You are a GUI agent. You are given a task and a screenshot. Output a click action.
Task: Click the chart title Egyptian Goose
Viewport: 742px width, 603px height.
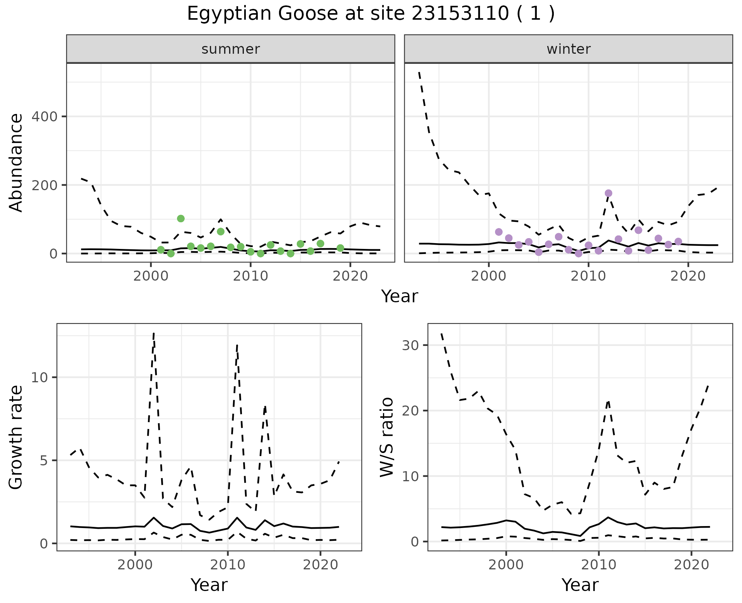(x=371, y=14)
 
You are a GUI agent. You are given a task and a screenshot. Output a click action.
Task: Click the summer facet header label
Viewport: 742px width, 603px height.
(x=230, y=49)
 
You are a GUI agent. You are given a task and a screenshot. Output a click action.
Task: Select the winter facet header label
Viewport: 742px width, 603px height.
(x=568, y=49)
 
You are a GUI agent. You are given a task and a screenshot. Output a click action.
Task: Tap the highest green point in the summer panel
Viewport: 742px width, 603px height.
(x=180, y=218)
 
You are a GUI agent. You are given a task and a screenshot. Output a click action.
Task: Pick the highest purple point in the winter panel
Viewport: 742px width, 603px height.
(x=608, y=193)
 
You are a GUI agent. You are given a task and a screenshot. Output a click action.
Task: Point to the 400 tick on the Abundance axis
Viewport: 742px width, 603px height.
(x=46, y=116)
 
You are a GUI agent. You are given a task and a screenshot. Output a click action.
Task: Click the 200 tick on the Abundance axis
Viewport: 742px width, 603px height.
(x=46, y=185)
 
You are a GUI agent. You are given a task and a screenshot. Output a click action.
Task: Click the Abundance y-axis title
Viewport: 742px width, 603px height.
(x=16, y=162)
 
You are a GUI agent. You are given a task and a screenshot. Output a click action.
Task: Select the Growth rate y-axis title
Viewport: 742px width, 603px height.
(x=16, y=437)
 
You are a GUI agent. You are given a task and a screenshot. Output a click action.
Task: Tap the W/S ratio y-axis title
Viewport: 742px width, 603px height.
(x=386, y=437)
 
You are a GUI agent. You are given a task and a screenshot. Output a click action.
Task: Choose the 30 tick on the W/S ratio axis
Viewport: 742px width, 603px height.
(x=411, y=345)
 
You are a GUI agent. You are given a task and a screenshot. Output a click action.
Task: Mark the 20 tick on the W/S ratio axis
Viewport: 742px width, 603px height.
(x=411, y=411)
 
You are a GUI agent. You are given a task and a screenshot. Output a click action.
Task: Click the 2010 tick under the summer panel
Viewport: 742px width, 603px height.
(x=250, y=276)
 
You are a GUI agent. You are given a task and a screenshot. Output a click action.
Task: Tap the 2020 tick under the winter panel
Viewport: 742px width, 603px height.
(x=688, y=276)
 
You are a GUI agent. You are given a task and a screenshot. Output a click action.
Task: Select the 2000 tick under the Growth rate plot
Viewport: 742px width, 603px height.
(x=135, y=565)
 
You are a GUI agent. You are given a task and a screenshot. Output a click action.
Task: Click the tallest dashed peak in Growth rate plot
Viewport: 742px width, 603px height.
(x=154, y=333)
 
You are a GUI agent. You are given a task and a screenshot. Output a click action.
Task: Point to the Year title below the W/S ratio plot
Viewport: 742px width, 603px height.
(x=580, y=585)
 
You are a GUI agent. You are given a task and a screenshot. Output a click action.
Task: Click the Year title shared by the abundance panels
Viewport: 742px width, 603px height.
(x=400, y=296)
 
